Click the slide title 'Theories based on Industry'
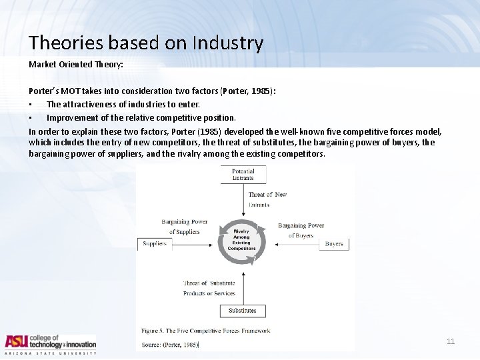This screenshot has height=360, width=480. pos(146,43)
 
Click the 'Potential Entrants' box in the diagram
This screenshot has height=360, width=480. pos(243,175)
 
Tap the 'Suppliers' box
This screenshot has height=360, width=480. pos(155,244)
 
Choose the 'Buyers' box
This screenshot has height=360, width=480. pos(333,244)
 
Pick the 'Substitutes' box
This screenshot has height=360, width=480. pos(242,311)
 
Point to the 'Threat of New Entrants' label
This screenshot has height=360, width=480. pos(267,199)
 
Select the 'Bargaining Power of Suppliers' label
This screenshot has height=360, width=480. pos(185,227)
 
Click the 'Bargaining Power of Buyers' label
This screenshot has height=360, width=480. pos(301,230)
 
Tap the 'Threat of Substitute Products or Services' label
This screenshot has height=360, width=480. pos(209,288)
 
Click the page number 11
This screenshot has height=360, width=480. pos(450,341)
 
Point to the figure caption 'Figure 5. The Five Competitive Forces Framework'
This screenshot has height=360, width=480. pos(205,331)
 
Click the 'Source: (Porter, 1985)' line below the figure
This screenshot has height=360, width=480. pos(170,345)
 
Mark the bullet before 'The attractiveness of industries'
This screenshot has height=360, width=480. pos(31,104)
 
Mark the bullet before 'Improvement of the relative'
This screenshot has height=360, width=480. pos(31,117)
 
